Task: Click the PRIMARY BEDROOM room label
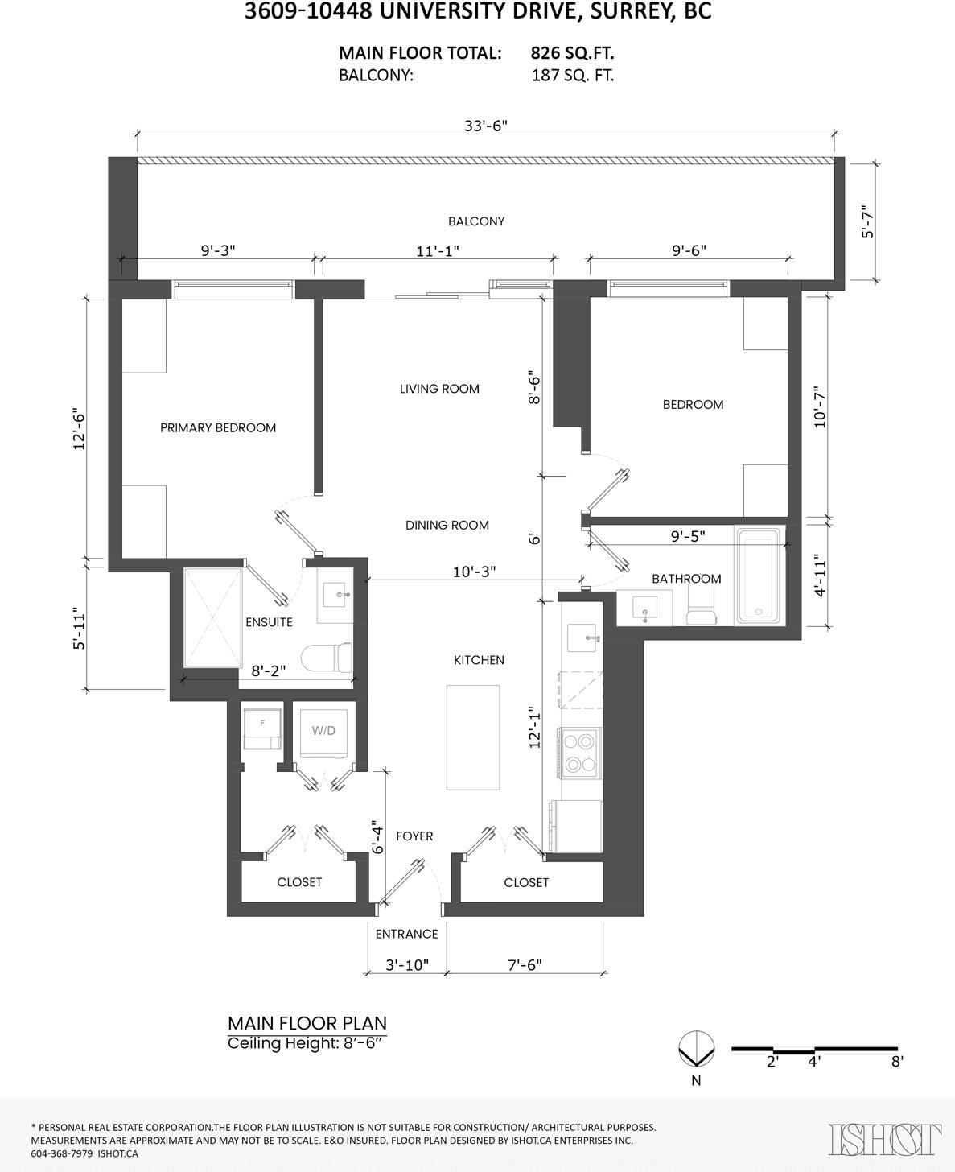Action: point(218,428)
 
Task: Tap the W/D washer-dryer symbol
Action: point(323,733)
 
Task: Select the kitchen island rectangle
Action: point(473,737)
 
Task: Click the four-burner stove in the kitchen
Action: point(579,753)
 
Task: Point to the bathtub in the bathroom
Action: point(758,576)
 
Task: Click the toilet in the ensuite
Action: point(326,658)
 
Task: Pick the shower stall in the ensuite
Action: point(212,617)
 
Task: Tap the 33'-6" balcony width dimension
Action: point(486,126)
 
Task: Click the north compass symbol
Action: point(696,1049)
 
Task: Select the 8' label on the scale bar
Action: point(897,1062)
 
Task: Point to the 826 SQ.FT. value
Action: point(572,53)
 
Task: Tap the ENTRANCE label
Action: point(406,935)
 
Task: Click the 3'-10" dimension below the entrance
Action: point(407,965)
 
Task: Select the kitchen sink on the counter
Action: point(583,638)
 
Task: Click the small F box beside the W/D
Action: point(262,729)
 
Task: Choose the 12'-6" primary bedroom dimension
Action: point(79,429)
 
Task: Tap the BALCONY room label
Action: point(476,221)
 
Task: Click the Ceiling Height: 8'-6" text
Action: point(305,1043)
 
